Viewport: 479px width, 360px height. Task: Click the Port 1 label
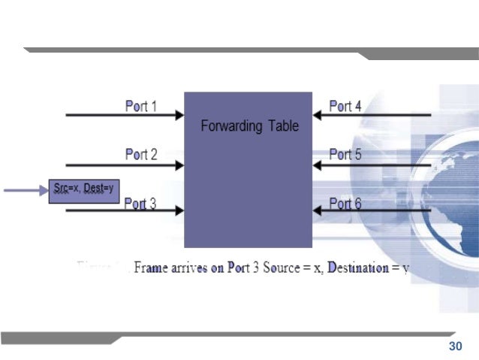[x=140, y=106]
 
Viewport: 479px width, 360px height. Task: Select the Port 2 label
[x=140, y=155]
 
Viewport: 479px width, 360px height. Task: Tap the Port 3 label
[x=140, y=203]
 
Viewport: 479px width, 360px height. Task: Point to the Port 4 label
[x=345, y=106]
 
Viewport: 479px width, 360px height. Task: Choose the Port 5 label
[x=345, y=155]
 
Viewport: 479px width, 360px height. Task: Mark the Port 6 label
[x=345, y=203]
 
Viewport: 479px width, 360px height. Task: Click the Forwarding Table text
[x=249, y=126]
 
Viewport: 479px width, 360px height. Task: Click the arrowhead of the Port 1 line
[x=179, y=115]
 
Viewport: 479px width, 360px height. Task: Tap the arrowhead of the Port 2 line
[x=179, y=164]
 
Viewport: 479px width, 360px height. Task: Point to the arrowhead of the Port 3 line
[x=179, y=211]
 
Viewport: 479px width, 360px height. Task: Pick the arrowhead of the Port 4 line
[x=317, y=115]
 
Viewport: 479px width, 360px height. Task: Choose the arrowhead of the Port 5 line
[x=317, y=164]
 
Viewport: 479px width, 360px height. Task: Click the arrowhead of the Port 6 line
[x=317, y=211]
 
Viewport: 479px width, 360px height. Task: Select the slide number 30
[x=453, y=346]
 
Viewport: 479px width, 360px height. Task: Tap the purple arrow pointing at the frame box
[x=26, y=191]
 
